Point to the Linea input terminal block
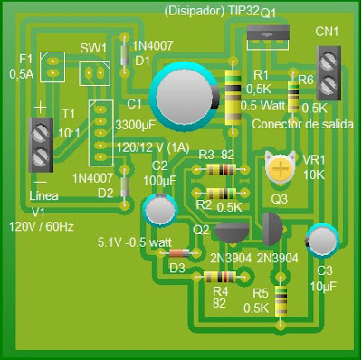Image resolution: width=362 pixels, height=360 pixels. pos(41,144)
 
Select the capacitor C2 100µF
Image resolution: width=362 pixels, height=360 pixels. pos(159,209)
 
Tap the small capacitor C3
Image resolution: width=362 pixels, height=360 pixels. pos(320,241)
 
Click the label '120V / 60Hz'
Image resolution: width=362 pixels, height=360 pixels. pos(43,226)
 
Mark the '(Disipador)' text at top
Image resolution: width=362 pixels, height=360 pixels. pos(194,11)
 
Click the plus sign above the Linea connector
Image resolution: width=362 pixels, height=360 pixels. pos(40,108)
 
